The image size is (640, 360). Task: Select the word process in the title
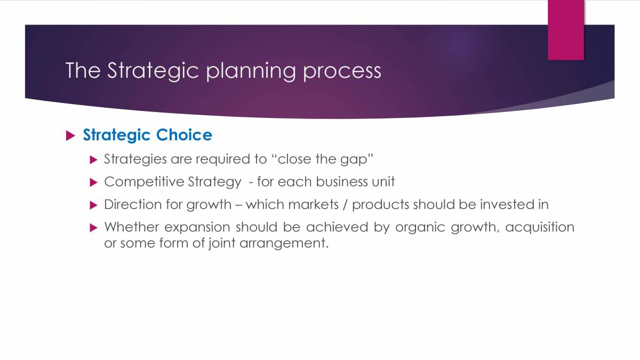coord(342,71)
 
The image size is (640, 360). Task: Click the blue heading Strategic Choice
coord(147,135)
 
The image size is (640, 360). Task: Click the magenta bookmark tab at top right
coord(566,30)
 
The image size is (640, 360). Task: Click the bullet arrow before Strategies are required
coord(94,159)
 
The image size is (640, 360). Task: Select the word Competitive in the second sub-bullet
coord(144,182)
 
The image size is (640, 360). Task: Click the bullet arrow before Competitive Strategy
coord(94,182)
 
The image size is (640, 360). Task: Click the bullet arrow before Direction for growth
coord(94,205)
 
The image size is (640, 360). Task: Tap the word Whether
coord(131,227)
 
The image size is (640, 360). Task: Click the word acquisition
coord(540,227)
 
